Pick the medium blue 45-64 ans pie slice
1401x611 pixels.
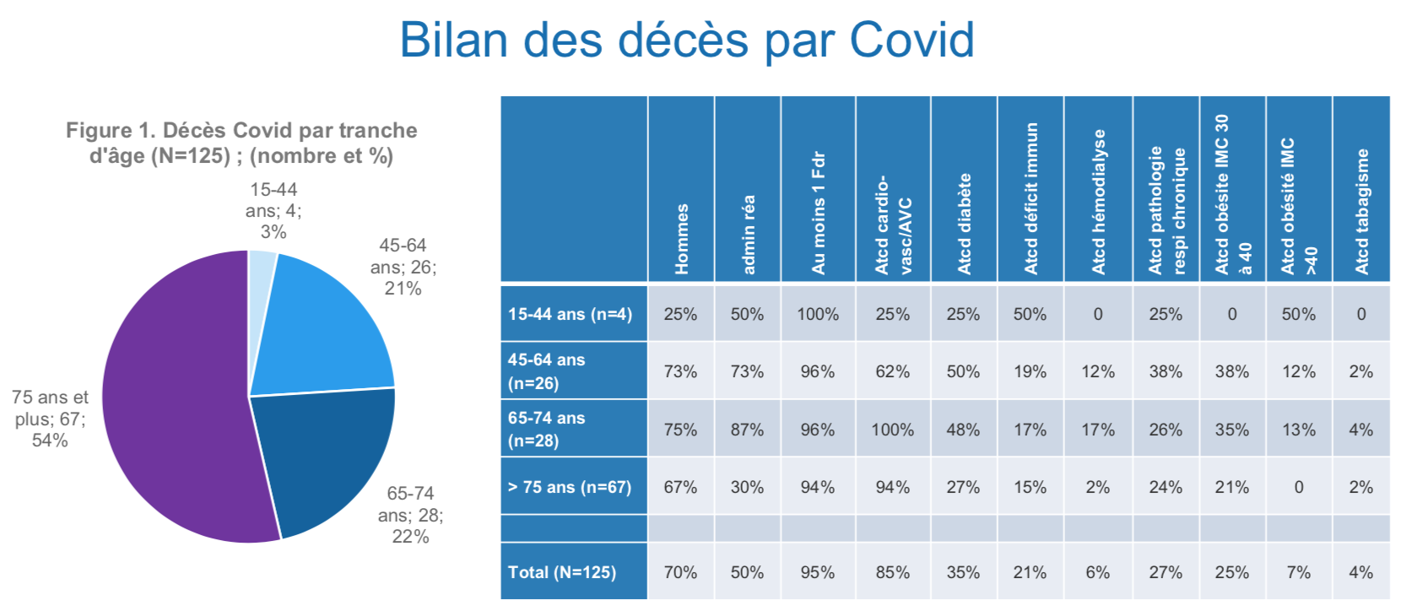[325, 338]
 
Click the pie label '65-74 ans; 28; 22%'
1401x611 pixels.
[410, 515]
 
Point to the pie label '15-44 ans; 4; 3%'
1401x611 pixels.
[273, 211]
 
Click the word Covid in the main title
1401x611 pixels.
[911, 40]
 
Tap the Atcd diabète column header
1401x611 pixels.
[964, 224]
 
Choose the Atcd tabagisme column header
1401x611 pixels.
[1361, 211]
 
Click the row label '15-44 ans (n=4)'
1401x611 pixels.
[570, 314]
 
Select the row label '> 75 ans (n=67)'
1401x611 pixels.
[570, 487]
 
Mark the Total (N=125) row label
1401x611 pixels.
[562, 572]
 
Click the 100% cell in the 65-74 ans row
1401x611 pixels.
[892, 430]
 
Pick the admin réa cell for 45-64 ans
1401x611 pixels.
[747, 371]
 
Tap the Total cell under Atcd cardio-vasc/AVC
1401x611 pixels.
[892, 572]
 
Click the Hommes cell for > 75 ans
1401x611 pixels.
[680, 487]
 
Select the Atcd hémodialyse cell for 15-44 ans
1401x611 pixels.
[1097, 314]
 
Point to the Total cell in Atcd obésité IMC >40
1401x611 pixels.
[1298, 572]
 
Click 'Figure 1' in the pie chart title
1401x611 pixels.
[110, 131]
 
